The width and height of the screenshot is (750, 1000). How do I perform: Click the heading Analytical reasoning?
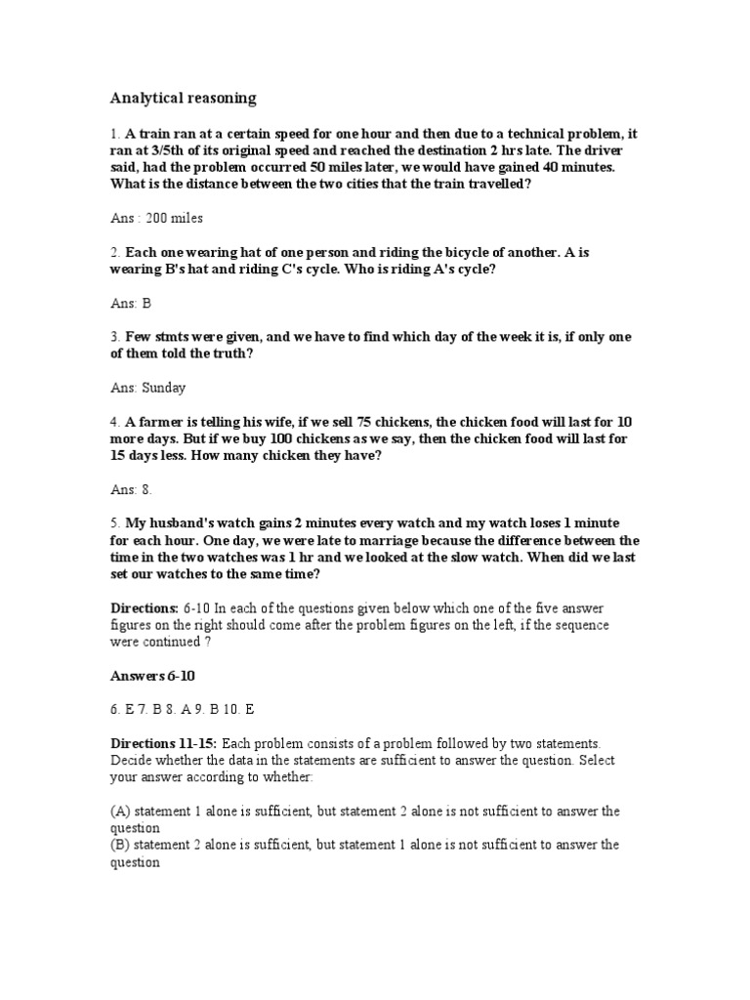click(183, 98)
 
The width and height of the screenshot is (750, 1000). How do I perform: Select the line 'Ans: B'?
click(132, 303)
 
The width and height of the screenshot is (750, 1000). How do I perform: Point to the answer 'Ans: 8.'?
click(132, 488)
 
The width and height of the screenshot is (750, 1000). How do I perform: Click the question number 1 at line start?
click(114, 133)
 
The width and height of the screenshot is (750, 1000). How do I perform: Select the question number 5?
click(114, 522)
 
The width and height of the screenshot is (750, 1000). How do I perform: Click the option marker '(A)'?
click(120, 811)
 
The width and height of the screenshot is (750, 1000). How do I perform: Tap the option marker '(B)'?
click(120, 845)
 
